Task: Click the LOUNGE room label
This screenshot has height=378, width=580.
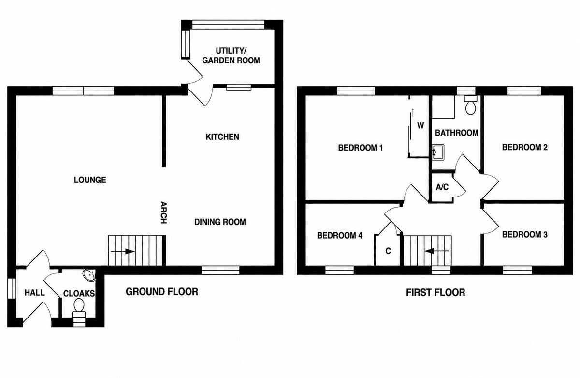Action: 90,180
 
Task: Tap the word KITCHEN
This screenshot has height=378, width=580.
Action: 222,137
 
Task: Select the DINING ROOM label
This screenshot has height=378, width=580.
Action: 220,222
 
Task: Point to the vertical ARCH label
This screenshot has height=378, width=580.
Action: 164,212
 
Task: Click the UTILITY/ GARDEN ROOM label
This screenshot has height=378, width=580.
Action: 231,56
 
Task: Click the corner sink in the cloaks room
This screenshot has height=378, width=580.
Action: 89,275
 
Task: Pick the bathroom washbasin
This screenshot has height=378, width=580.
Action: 438,152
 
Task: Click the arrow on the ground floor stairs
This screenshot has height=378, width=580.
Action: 122,251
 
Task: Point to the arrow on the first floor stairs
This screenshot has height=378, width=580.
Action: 437,251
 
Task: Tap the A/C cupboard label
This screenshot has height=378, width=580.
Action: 442,187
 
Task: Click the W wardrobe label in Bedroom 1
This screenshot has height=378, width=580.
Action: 421,126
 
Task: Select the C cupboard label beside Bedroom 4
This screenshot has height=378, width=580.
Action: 388,251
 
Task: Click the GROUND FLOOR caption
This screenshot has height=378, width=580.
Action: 162,292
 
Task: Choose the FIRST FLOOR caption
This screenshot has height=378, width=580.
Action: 435,293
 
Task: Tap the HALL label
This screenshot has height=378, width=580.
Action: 34,293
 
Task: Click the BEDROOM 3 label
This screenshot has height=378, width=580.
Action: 525,235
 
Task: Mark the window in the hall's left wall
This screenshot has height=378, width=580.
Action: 12,288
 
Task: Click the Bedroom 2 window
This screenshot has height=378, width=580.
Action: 524,91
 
